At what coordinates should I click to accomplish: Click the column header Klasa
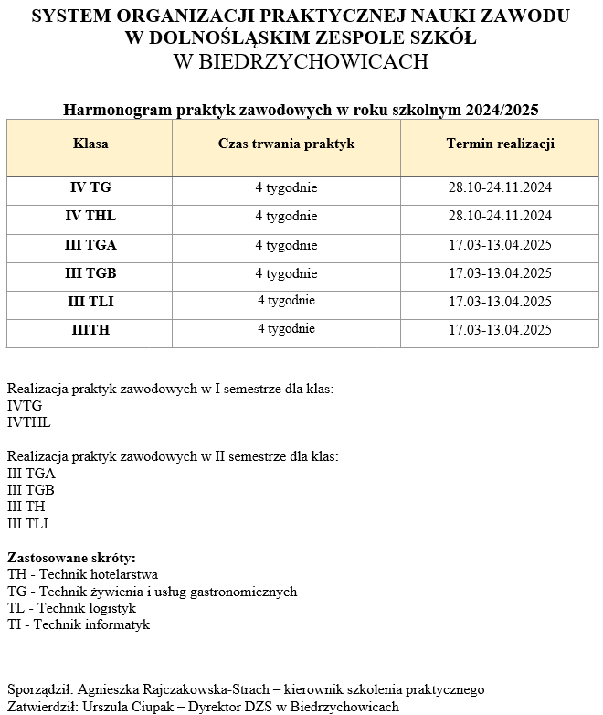click(x=90, y=144)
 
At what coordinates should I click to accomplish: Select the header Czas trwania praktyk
click(x=286, y=144)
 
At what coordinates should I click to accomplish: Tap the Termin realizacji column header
click(x=500, y=144)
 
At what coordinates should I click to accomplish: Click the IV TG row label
click(x=90, y=188)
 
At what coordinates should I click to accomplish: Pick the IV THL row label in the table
click(x=90, y=217)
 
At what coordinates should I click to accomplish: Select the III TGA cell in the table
click(x=90, y=245)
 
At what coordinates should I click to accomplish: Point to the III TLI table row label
click(x=90, y=302)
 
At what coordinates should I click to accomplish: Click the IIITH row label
click(x=90, y=330)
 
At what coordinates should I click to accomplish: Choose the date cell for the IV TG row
click(x=500, y=188)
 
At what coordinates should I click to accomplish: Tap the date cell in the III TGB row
click(x=500, y=273)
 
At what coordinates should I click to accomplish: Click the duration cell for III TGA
click(x=286, y=245)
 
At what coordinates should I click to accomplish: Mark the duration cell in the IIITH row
click(x=286, y=329)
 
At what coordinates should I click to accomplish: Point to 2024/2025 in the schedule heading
click(x=502, y=110)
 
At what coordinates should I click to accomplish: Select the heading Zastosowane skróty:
click(x=71, y=558)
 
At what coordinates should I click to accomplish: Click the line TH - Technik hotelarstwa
click(x=82, y=575)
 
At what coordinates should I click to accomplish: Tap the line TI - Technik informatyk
click(x=79, y=625)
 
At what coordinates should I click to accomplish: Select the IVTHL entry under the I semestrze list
click(x=29, y=423)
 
